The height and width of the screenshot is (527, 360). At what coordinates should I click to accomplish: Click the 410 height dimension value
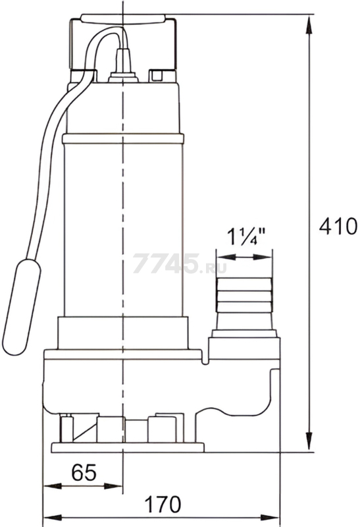point(338,226)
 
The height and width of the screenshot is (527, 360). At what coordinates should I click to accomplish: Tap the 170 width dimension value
point(163,504)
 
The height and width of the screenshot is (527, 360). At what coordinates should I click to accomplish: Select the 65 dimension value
point(84,472)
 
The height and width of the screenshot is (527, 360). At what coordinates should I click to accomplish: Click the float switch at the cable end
point(21,307)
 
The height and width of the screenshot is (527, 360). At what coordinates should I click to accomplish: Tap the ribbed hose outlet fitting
point(244,304)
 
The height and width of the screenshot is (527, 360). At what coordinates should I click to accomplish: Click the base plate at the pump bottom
point(128,448)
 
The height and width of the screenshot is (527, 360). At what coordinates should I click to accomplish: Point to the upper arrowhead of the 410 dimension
point(309,24)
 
